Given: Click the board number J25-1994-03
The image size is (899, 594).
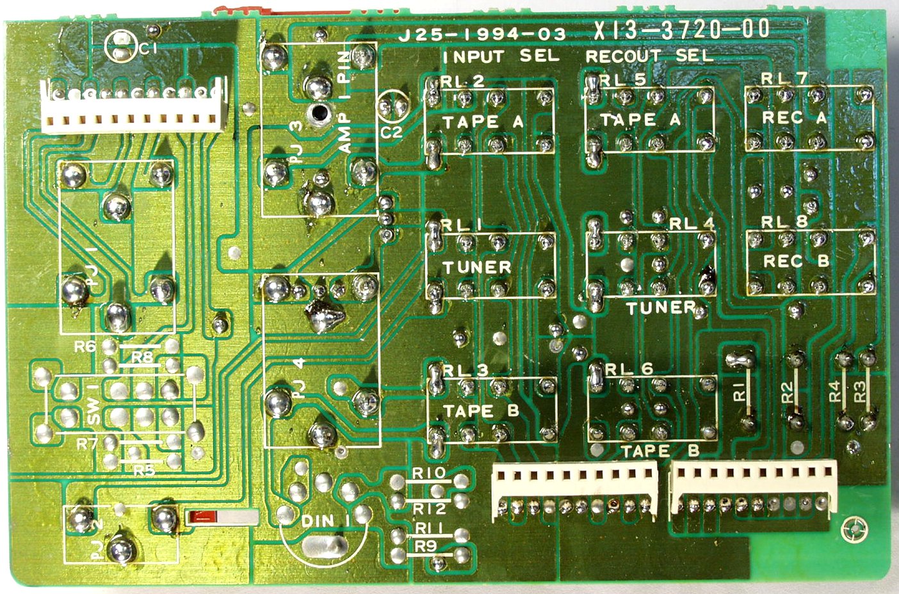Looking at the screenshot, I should tap(482, 35).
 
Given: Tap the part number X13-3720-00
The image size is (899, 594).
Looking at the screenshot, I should tap(681, 30).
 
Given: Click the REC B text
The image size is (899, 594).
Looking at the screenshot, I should tap(796, 261).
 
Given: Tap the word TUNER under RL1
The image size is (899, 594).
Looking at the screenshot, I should tap(477, 267).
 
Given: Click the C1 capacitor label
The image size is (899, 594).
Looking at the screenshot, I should tap(147, 50).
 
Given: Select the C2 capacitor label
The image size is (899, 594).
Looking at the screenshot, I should tap(391, 132).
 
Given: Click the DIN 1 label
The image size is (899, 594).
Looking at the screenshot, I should tap(326, 522).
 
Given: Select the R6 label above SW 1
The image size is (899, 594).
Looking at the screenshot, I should tap(85, 348).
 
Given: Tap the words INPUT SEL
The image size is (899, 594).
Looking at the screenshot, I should tap(501, 56).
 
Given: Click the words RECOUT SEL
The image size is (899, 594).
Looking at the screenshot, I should tap(649, 56).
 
